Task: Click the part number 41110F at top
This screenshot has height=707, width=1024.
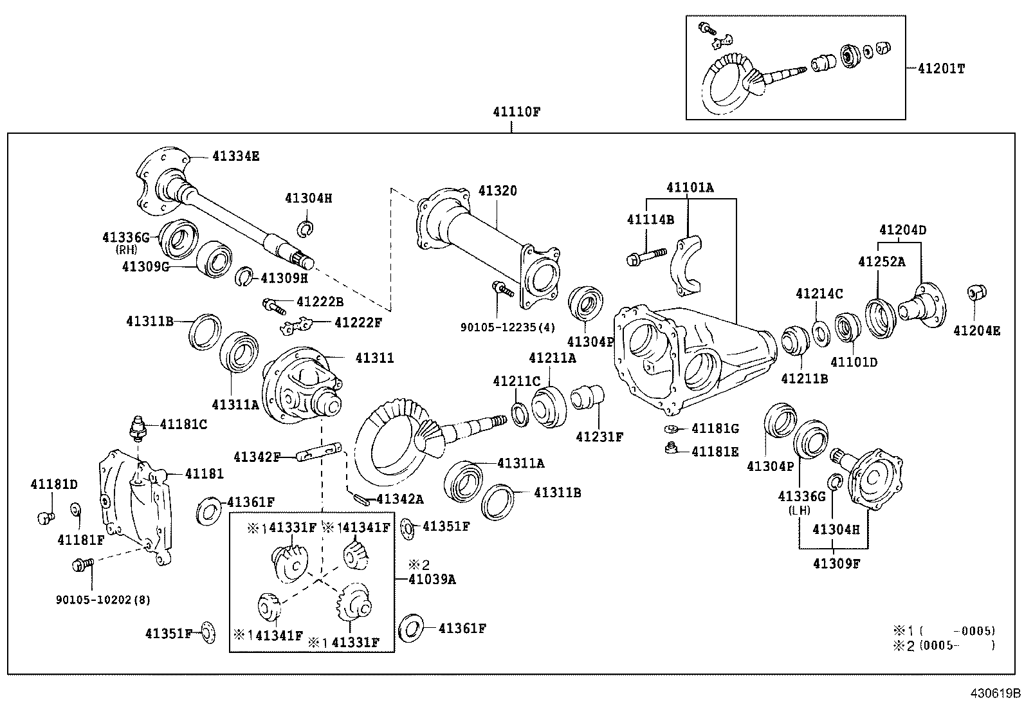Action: pos(517,112)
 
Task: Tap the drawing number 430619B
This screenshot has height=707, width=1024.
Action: pos(996,693)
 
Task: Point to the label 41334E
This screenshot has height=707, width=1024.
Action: pos(235,156)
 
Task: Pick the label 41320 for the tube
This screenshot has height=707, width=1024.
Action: pos(497,191)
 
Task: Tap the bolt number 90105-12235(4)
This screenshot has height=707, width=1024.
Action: pos(507,327)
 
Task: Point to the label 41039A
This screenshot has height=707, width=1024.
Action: pos(432,579)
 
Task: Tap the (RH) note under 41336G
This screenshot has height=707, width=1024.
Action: pos(127,250)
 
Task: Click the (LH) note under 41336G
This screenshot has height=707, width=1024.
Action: pos(800,510)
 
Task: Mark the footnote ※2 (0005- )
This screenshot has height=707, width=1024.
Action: pos(944,645)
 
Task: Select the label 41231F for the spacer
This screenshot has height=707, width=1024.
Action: pos(599,437)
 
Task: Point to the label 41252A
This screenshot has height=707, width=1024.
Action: pos(881,261)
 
